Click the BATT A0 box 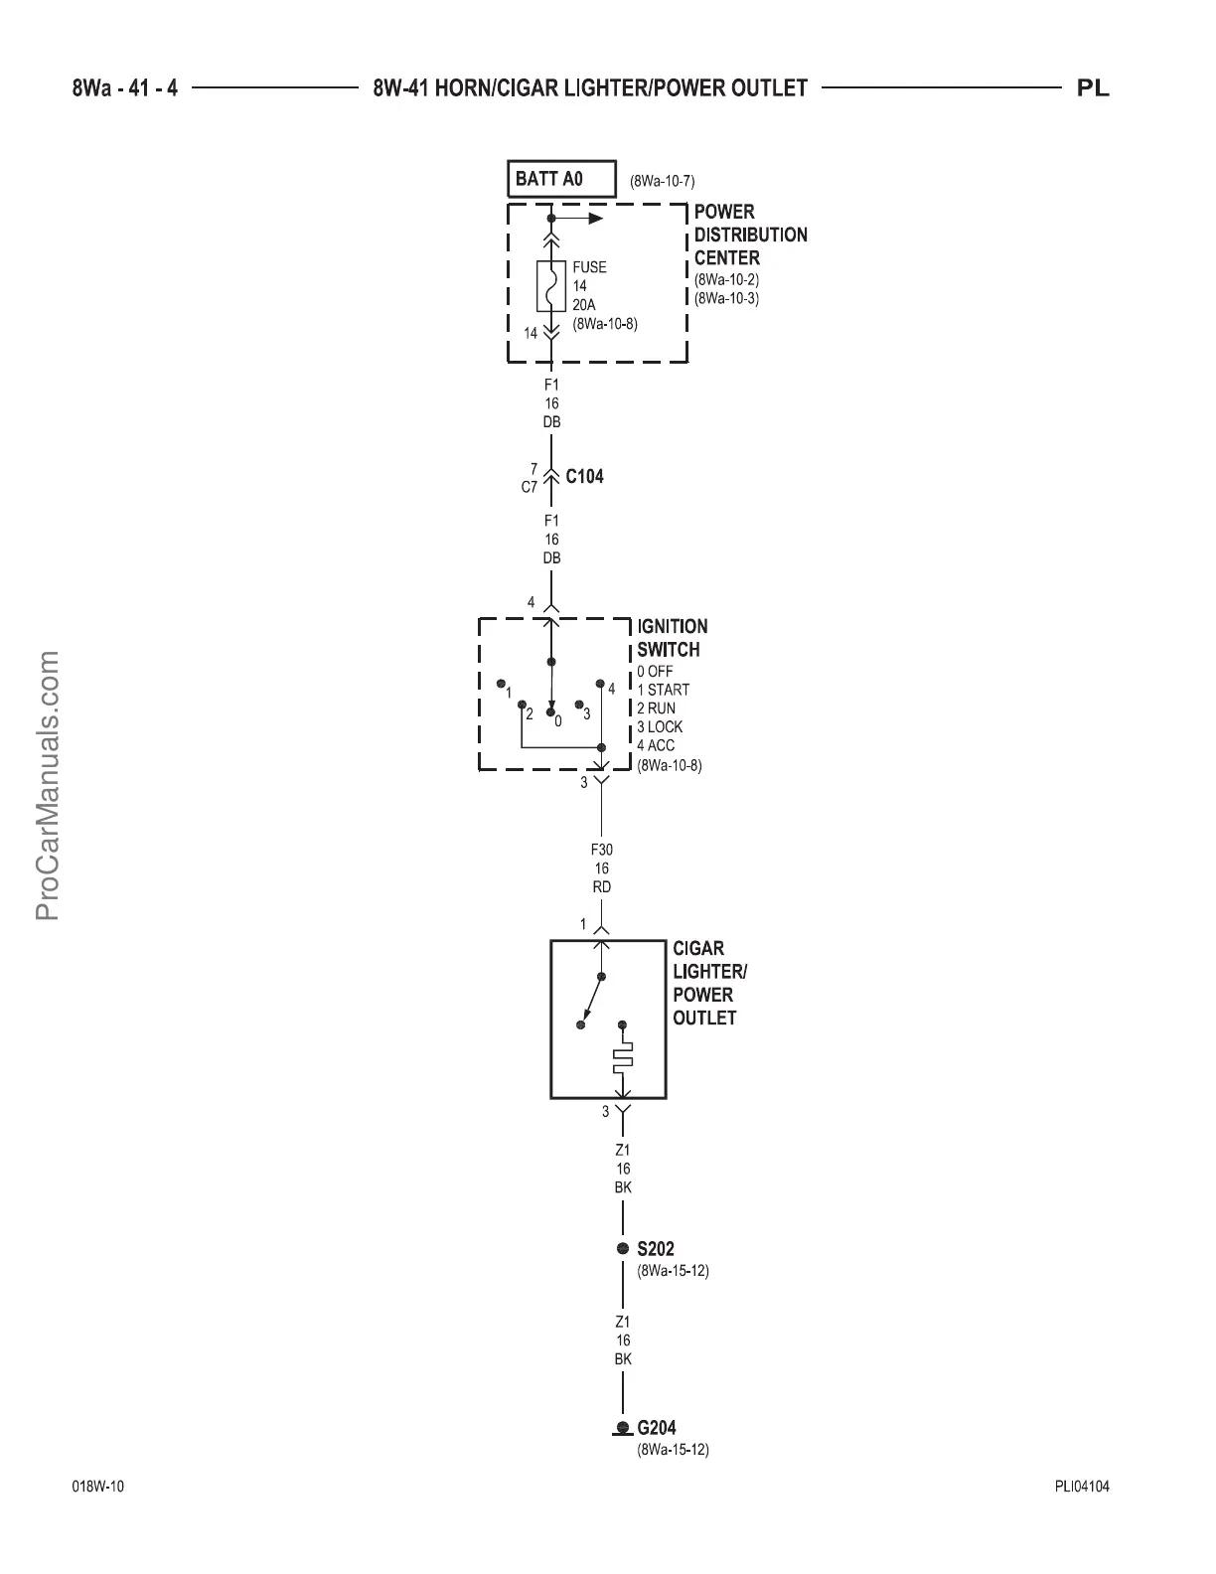560,180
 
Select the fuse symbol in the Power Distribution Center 550,285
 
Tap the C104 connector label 584,476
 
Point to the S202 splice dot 622,1249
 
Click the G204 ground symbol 622,1429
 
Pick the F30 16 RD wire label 602,868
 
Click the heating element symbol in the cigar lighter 622,1057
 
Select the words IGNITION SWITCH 673,638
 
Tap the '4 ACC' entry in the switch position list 656,745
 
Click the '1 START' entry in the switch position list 663,690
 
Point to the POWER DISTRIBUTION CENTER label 750,235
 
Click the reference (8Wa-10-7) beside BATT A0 662,182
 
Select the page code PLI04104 1082,1488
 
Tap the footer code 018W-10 98,1488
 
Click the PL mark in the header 1093,89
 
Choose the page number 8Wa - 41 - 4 125,89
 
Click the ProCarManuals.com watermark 48,785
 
